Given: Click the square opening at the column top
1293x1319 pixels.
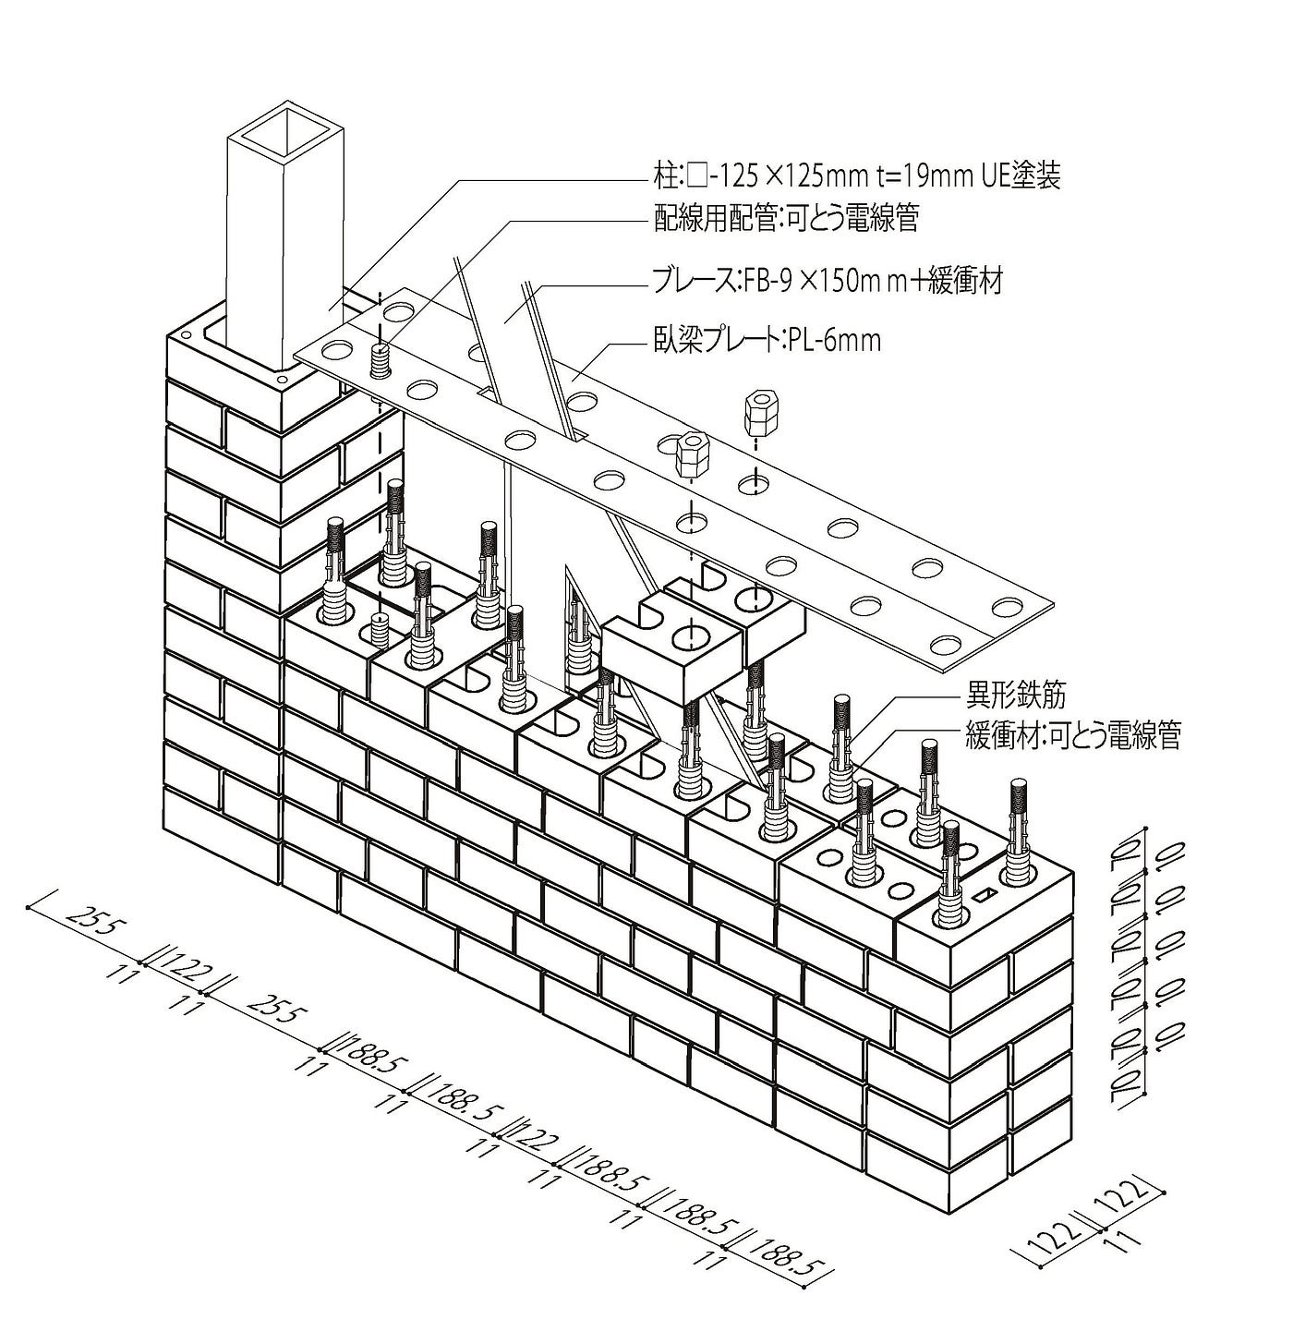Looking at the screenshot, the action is [x=285, y=133].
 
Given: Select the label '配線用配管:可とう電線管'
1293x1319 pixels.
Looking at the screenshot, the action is [x=786, y=218].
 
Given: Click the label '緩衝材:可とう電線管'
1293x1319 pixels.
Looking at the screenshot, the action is [x=1072, y=736].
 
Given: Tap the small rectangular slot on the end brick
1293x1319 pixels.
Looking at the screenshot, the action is [x=985, y=895].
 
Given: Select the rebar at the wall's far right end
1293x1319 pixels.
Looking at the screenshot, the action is [x=1018, y=829].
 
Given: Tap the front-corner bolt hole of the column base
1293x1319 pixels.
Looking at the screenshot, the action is [x=282, y=380].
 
